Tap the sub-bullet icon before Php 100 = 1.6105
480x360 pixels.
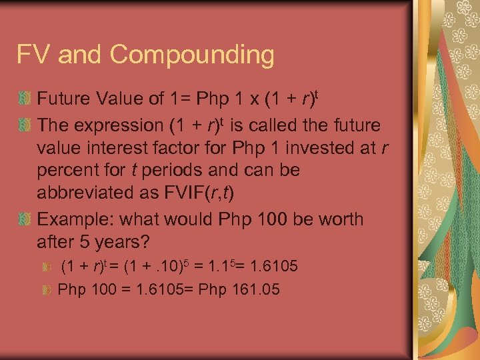coord(46,290)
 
